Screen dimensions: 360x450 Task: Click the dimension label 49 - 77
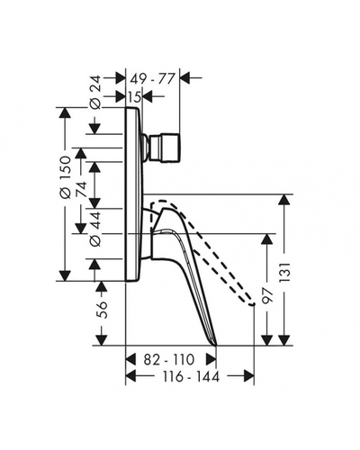[x=152, y=79]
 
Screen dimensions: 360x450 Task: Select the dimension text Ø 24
[x=95, y=96]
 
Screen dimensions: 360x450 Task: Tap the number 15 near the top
[x=134, y=96]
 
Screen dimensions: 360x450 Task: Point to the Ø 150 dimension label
[x=65, y=177]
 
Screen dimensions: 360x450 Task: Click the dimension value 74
[x=81, y=189]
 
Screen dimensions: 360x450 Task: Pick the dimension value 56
[x=102, y=309]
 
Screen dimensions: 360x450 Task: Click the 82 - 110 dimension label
[x=169, y=359]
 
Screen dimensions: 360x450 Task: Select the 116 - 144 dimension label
[x=191, y=376]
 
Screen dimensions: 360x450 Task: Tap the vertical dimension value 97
[x=267, y=296]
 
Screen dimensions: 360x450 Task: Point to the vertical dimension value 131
[x=284, y=273]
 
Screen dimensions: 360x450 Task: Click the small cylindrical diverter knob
[x=165, y=148]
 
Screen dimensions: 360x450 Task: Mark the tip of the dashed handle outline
[x=253, y=304]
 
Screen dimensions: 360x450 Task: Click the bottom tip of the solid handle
[x=216, y=345]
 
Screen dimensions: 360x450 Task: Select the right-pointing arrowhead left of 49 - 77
[x=121, y=78]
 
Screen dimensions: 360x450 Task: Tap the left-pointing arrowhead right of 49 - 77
[x=184, y=78]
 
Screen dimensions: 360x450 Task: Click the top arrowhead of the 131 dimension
[x=283, y=200]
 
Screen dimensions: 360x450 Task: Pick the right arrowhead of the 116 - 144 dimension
[x=249, y=375]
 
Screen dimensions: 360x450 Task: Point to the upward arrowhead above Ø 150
[x=65, y=112]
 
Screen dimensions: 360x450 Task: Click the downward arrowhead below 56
[x=101, y=340]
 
